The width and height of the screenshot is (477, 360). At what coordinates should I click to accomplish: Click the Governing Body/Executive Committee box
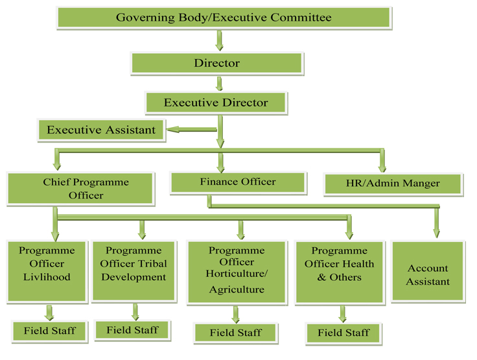click(224, 18)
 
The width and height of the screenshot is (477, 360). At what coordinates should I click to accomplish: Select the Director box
click(217, 64)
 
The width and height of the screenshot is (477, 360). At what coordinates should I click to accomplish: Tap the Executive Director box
click(216, 103)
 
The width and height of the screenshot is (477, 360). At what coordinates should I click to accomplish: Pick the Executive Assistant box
click(101, 130)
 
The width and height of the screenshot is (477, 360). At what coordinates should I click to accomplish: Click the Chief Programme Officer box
click(80, 189)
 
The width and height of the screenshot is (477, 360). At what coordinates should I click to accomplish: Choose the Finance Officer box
click(238, 183)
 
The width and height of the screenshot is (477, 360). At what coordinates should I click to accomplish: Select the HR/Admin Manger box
click(393, 184)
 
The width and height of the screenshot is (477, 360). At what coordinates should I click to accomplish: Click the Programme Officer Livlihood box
click(47, 272)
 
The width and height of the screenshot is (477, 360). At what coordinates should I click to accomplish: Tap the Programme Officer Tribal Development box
click(134, 271)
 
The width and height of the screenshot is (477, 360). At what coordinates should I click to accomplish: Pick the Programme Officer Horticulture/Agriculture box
click(237, 272)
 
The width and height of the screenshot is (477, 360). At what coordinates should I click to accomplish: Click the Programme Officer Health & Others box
click(340, 272)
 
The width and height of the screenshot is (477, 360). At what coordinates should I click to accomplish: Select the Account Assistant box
click(428, 271)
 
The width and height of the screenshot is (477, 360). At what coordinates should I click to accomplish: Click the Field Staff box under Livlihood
click(50, 331)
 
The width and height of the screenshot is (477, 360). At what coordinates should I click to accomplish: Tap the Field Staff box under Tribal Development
click(133, 330)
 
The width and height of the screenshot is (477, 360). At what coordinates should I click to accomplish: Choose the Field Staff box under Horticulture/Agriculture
click(236, 333)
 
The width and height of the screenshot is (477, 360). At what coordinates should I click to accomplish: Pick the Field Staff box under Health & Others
click(343, 333)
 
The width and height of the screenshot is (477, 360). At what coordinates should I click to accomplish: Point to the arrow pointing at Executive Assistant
click(192, 130)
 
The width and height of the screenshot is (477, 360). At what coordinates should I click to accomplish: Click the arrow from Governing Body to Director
click(219, 40)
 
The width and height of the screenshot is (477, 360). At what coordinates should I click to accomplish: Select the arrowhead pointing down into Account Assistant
click(437, 234)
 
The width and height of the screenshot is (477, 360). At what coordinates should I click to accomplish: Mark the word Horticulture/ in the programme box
click(237, 274)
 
